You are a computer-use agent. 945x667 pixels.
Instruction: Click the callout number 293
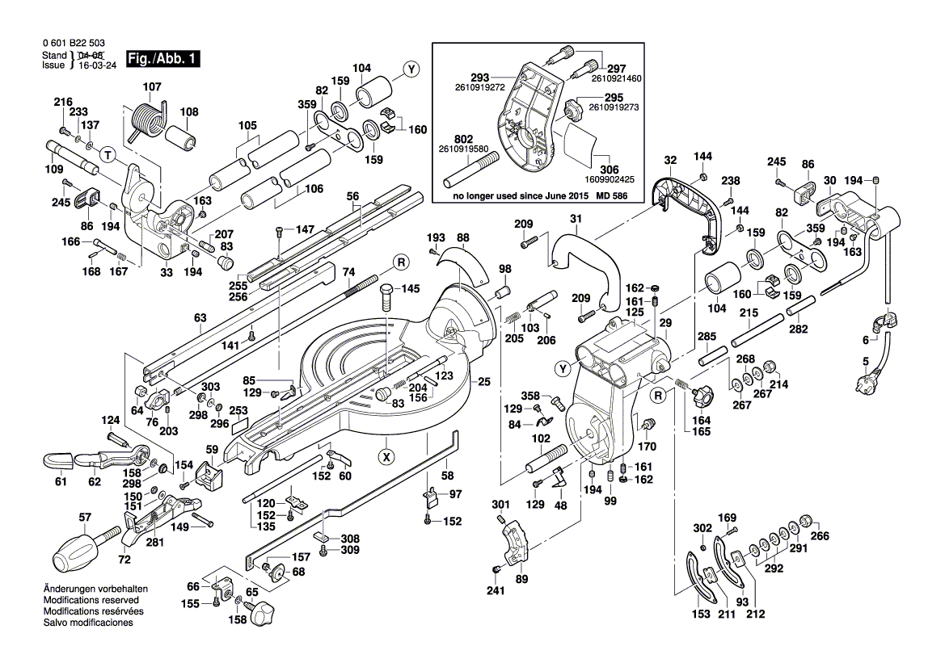point(481,76)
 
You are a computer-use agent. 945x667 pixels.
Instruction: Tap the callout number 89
point(521,579)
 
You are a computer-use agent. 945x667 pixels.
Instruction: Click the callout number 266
point(820,536)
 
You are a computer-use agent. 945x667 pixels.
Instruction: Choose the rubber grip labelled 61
point(57,461)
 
